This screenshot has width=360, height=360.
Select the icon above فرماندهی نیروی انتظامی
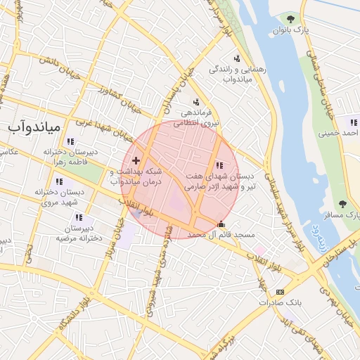pos(195,101)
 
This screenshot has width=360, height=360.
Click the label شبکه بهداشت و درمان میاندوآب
pos(136,176)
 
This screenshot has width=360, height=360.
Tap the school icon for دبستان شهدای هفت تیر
pos(220,165)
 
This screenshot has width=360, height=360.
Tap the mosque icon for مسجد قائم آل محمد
pos(222,224)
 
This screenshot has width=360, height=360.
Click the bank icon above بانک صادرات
pos(281,292)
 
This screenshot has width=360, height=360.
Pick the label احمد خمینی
pos(338,131)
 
